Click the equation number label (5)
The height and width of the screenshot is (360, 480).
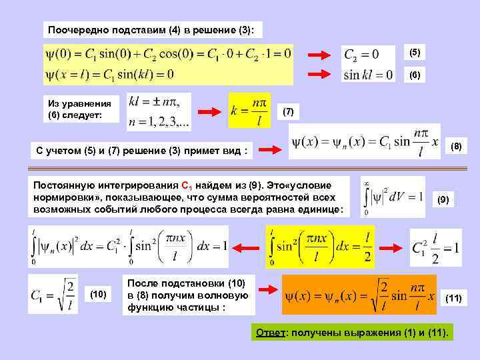[x=415, y=52]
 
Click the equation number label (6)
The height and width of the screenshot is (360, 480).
[x=415, y=76]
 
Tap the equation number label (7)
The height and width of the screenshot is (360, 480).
[x=289, y=111]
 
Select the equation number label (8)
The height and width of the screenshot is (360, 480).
[x=455, y=145]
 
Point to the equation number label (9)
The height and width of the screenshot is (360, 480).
[x=444, y=199]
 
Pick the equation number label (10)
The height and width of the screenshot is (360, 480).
[x=98, y=295]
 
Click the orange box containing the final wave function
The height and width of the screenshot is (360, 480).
[x=359, y=294]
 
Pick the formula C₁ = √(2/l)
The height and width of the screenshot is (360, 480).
[x=53, y=293]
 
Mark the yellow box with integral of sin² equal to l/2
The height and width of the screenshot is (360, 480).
[x=320, y=245]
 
